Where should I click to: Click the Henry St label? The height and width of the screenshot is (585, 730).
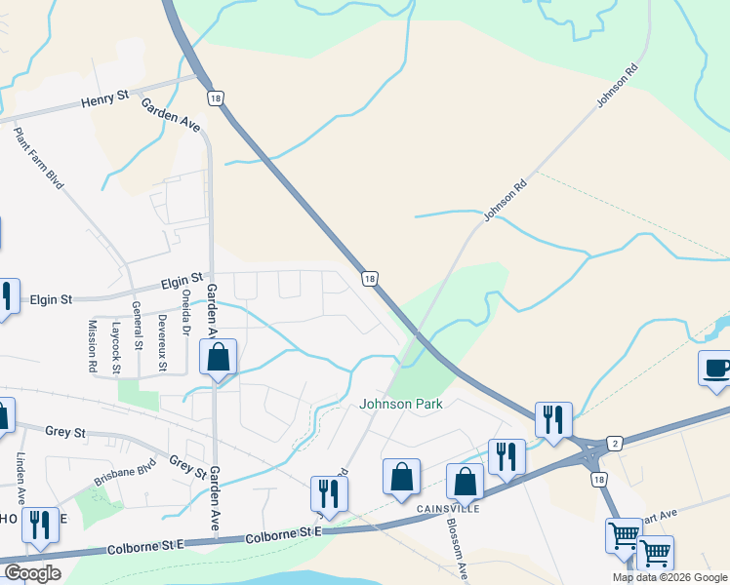tap(104, 99)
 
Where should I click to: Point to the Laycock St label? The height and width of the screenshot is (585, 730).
tap(116, 348)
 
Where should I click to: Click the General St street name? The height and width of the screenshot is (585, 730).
tap(138, 327)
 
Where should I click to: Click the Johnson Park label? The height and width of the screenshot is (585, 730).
tap(401, 404)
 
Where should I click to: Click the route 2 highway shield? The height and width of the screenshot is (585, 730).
tap(614, 443)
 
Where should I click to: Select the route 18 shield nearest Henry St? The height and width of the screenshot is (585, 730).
tap(215, 97)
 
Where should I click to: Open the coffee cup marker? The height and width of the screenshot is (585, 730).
tap(716, 370)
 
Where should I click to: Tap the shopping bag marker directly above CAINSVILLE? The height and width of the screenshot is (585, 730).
tap(466, 481)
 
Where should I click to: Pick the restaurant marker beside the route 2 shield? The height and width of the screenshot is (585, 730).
tap(552, 419)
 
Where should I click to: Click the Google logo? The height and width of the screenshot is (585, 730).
tap(32, 573)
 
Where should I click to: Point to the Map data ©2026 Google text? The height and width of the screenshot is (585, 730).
tap(669, 577)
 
